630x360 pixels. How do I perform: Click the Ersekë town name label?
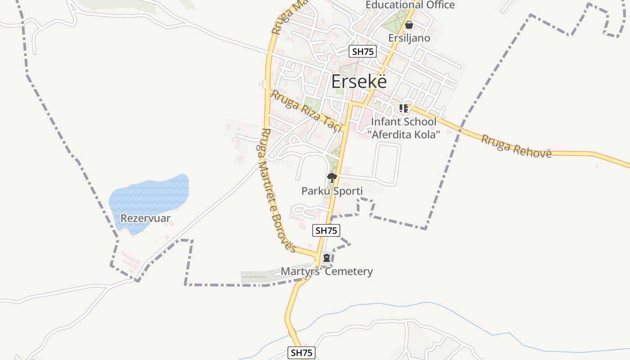coord(359,82)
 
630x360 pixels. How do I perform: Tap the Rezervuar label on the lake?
coord(145,219)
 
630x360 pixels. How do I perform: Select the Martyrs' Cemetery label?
coord(327,271)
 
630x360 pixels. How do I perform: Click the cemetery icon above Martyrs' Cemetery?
coord(327,258)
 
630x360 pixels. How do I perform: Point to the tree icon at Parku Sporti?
coord(332,178)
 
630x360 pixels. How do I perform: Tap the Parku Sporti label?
coord(332,191)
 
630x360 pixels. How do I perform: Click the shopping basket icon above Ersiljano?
coord(409,25)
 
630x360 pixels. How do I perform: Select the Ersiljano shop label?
coord(409,38)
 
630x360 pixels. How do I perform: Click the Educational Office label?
coord(410,5)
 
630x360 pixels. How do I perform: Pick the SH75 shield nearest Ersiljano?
coord(363,51)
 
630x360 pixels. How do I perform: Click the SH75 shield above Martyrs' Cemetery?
coord(326,230)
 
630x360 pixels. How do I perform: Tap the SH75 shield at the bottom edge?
coord(301,353)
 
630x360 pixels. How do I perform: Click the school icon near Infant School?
coord(403,108)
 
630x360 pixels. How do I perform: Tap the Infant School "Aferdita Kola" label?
coord(403,128)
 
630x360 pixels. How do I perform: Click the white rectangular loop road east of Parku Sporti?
coord(399,164)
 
